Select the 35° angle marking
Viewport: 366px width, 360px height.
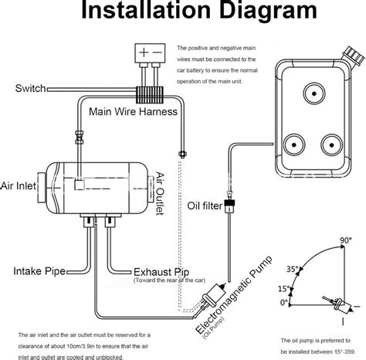click(291, 270)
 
